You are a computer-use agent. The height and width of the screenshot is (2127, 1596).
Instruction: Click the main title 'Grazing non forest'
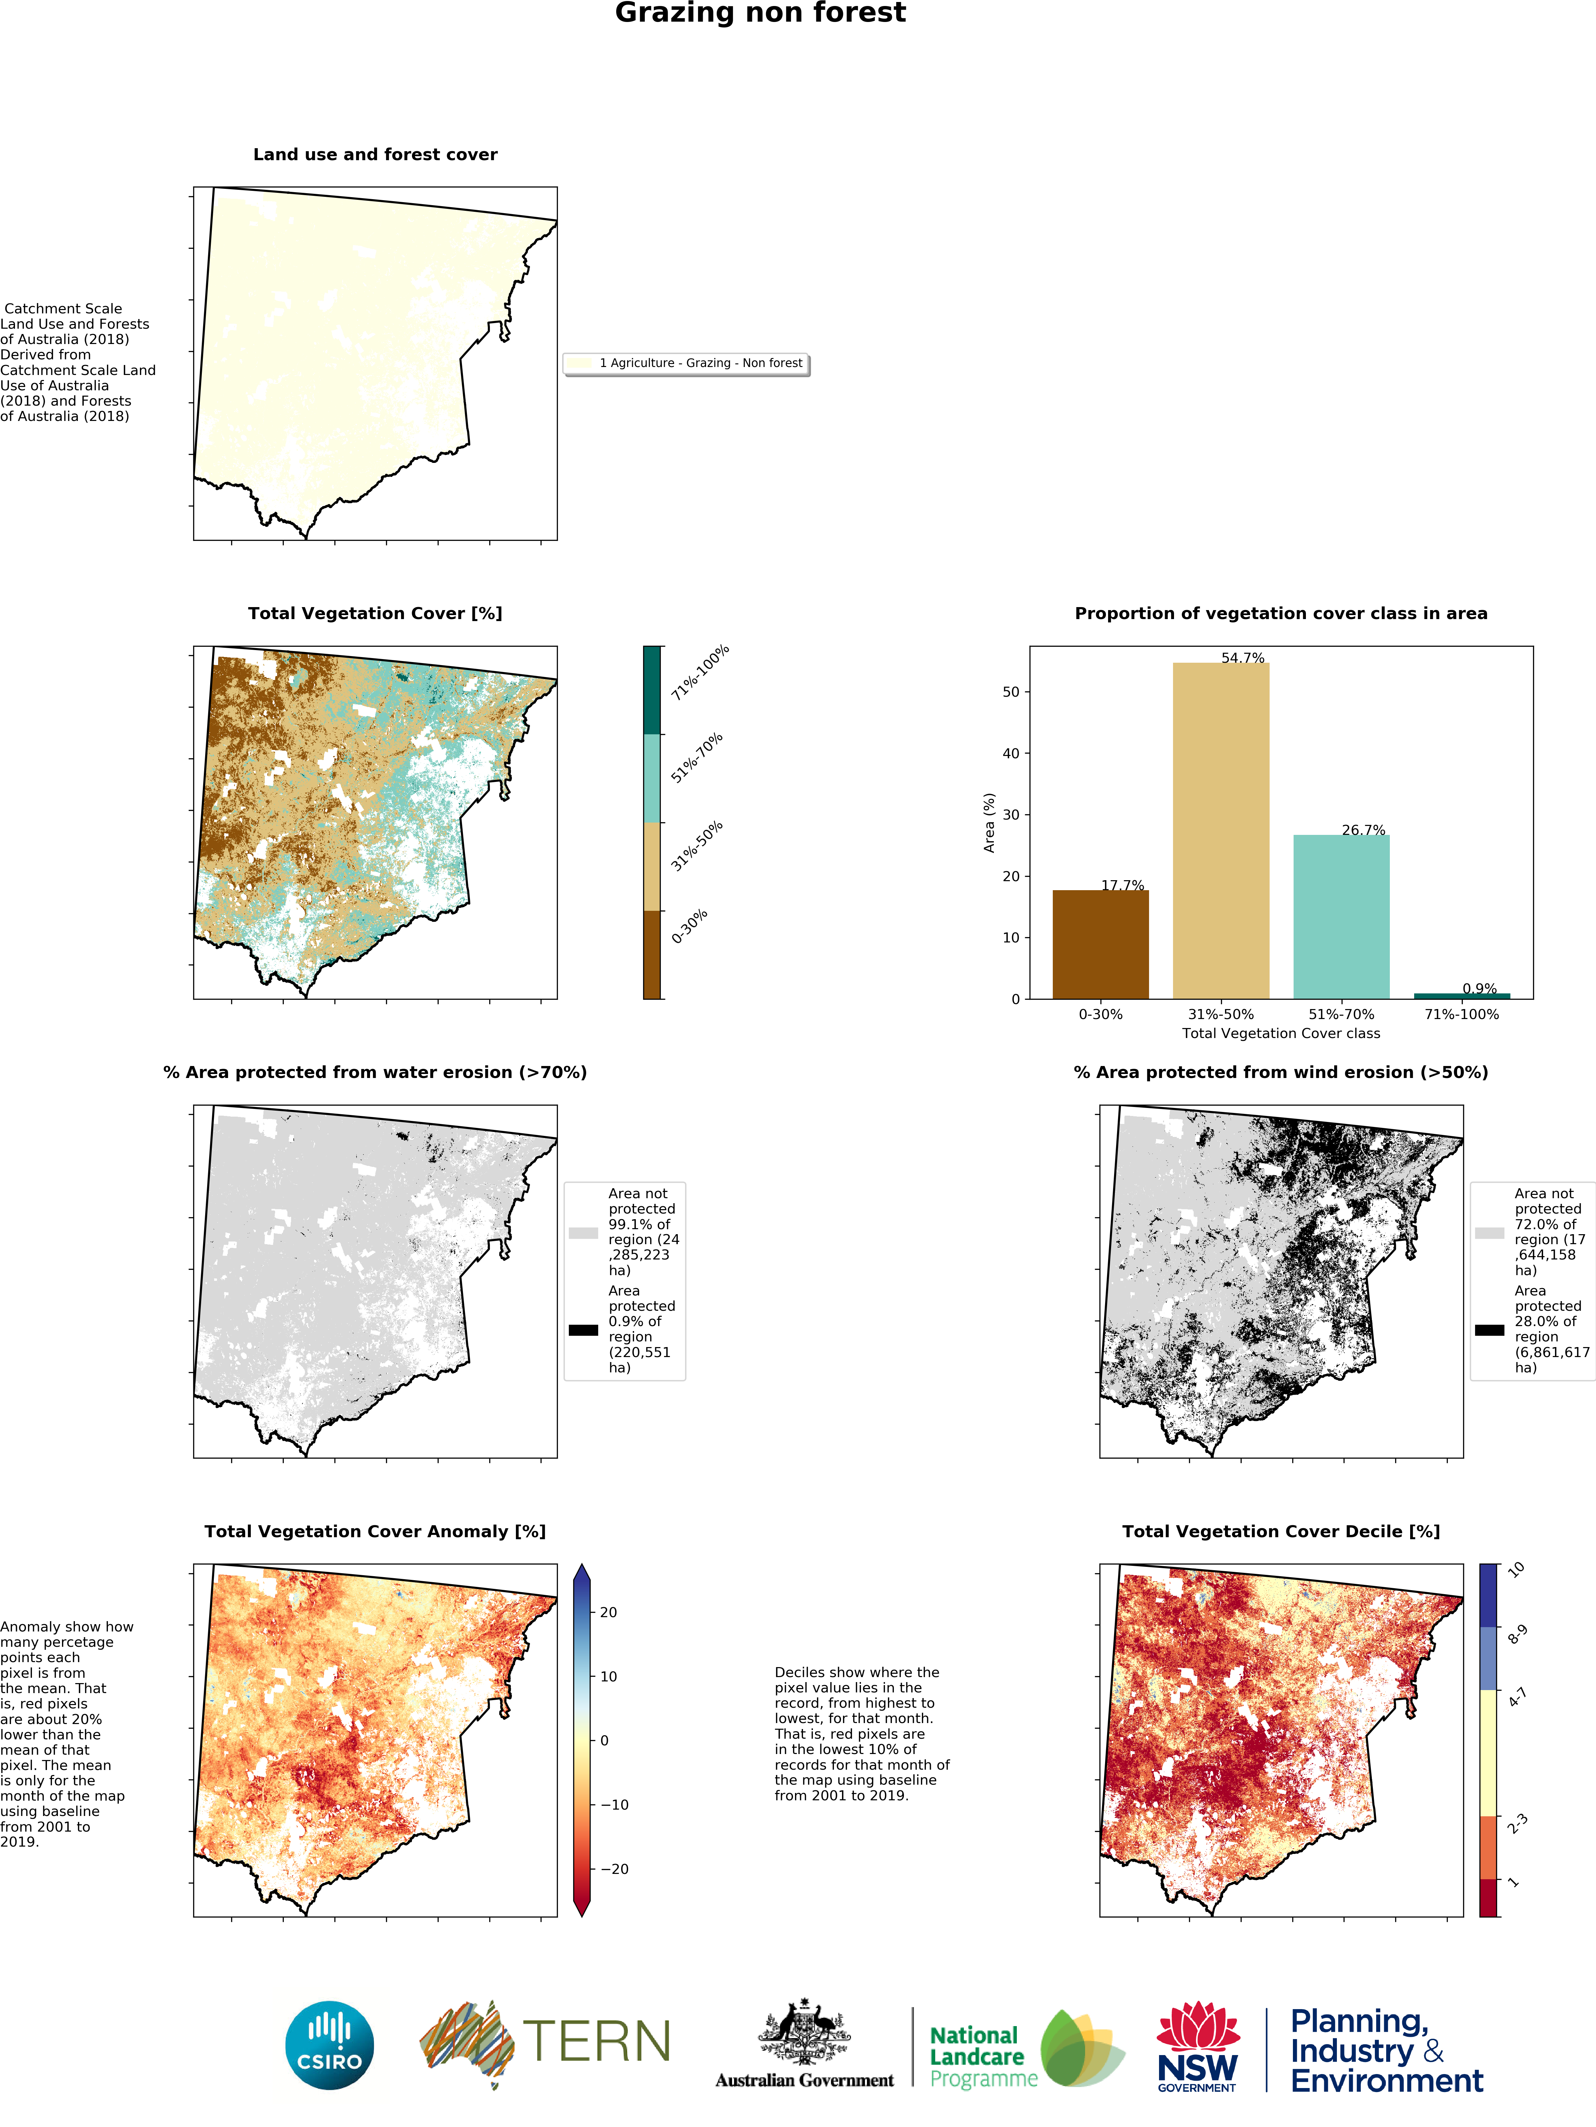click(x=760, y=13)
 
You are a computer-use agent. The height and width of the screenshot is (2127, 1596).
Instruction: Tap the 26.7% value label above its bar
click(x=1363, y=830)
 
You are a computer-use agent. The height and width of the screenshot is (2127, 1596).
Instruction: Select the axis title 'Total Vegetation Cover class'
click(x=1281, y=1034)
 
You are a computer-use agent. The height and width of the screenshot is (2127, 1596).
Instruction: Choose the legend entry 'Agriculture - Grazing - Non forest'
click(x=700, y=363)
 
